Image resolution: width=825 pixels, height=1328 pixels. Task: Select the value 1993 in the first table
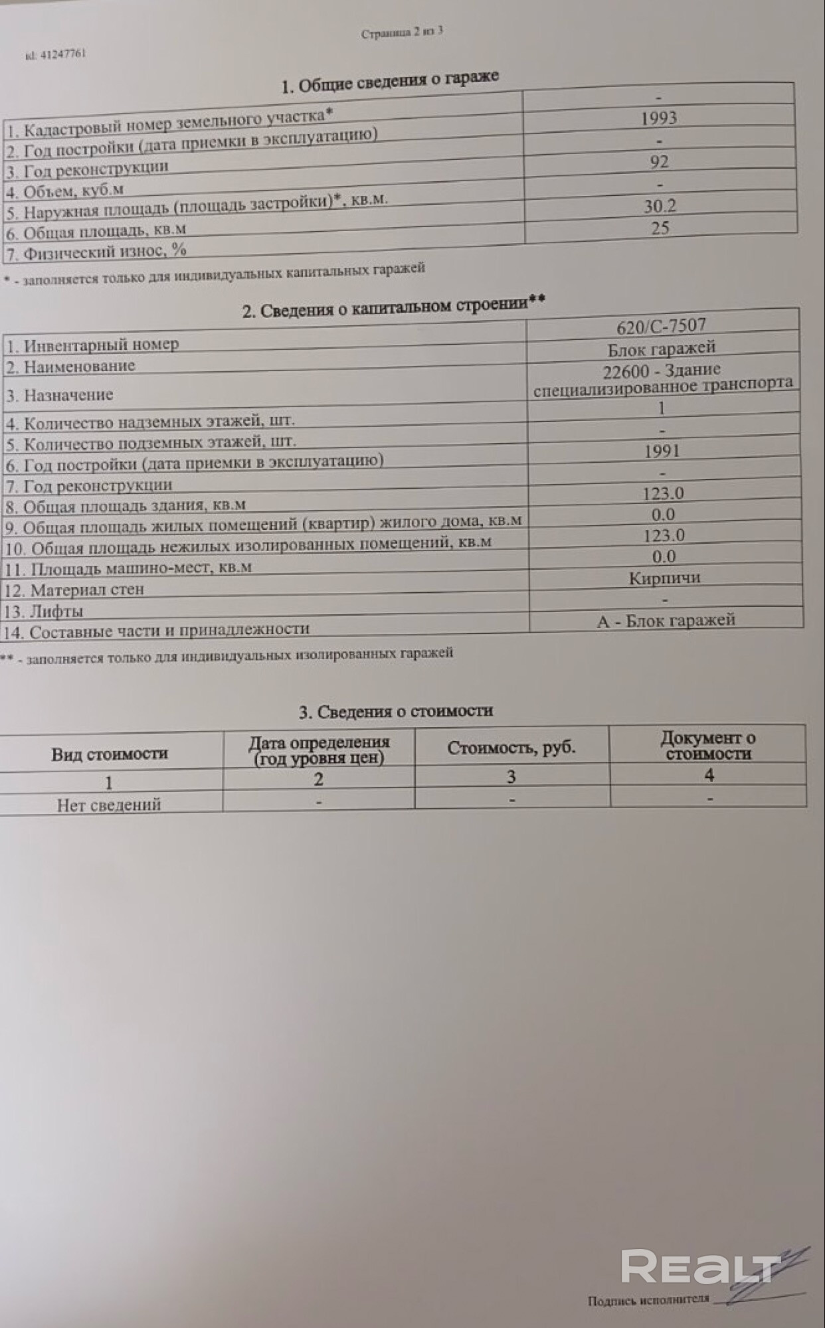click(659, 118)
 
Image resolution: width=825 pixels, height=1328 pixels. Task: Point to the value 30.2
click(660, 207)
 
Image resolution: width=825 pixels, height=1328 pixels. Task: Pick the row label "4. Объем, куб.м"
click(64, 191)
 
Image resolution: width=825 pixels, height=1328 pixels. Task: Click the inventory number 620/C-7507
click(661, 326)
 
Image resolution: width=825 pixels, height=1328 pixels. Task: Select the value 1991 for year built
click(662, 452)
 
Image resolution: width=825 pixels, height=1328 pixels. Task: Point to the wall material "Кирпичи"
click(664, 578)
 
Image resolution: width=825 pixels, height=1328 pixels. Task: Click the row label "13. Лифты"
click(44, 611)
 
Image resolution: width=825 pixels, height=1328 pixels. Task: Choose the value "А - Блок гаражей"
click(666, 620)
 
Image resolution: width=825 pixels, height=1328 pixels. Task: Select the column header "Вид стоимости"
click(110, 754)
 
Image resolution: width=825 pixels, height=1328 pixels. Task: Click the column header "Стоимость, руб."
click(511, 748)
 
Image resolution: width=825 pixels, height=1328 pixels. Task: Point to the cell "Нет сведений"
click(109, 805)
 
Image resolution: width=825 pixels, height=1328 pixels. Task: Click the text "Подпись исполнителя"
click(648, 1299)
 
